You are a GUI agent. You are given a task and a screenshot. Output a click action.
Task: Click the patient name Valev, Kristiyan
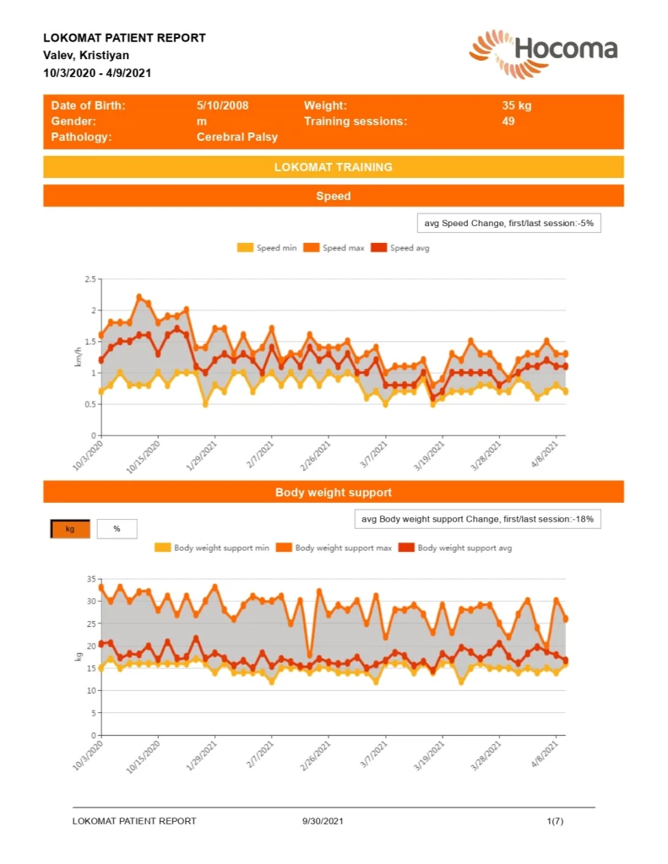tap(86, 55)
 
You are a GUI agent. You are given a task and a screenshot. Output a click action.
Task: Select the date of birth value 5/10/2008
tap(222, 106)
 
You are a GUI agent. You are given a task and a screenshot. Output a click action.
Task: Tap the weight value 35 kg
tap(516, 106)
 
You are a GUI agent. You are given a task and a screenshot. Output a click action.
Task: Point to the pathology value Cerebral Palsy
tap(237, 137)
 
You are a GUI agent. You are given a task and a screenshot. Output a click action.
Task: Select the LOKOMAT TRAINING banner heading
tap(333, 167)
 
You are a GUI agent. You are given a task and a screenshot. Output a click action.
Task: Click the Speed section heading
tap(333, 196)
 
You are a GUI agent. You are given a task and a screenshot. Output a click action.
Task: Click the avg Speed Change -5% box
tap(508, 223)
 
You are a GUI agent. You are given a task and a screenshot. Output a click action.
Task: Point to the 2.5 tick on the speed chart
tap(90, 279)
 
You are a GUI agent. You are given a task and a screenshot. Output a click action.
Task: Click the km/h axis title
tap(79, 356)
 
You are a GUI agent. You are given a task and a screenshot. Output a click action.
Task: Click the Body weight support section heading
tap(333, 492)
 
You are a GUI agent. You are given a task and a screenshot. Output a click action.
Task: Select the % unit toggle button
tap(117, 529)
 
